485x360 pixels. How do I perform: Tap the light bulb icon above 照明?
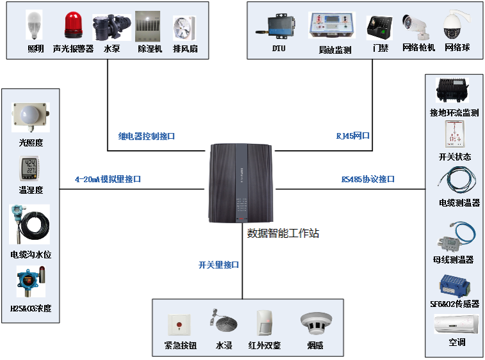[35, 26]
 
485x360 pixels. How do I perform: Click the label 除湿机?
[150, 49]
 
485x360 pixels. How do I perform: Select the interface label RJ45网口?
[353, 136]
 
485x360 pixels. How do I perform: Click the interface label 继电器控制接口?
[147, 136]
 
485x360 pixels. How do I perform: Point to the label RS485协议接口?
[368, 180]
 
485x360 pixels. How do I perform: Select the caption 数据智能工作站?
[283, 233]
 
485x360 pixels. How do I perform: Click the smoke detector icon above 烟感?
[315, 325]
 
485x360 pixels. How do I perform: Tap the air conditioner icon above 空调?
[456, 324]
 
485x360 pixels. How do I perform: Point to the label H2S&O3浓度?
[31, 308]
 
